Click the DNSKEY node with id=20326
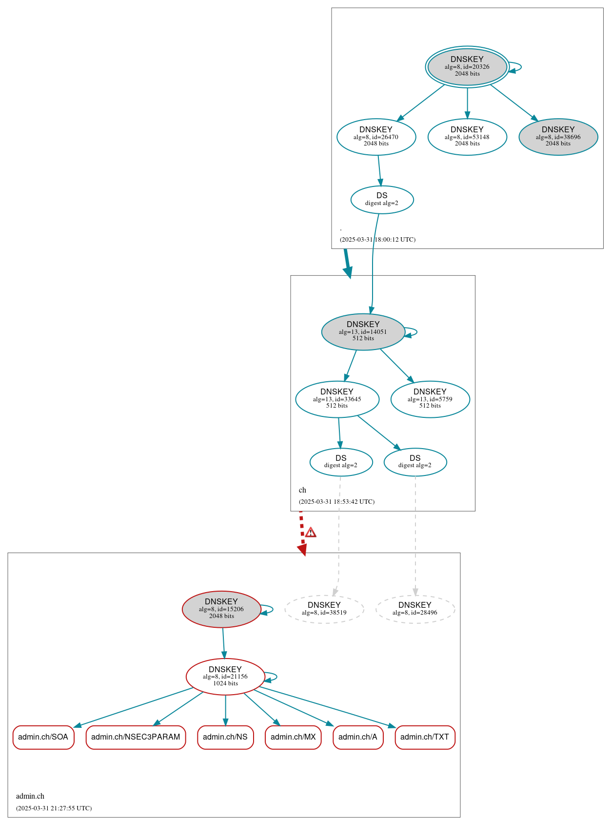(x=467, y=67)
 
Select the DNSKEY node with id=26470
(x=376, y=137)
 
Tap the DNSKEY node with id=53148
(x=467, y=137)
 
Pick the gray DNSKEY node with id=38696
(x=558, y=137)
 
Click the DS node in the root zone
(x=382, y=199)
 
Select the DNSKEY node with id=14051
(x=363, y=331)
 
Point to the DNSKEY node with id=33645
(x=337, y=399)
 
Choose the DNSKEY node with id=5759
(x=430, y=399)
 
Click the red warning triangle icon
(x=311, y=533)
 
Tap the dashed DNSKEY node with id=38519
(x=324, y=609)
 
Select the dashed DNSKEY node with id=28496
(x=415, y=609)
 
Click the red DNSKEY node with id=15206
(x=221, y=609)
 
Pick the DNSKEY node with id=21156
(x=225, y=676)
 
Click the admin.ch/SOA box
(x=43, y=737)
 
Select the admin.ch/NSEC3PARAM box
(x=136, y=737)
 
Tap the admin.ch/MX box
(x=293, y=737)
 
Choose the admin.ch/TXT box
(x=425, y=737)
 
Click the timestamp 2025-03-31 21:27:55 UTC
(x=54, y=808)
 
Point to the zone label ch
(x=302, y=490)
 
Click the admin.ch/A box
(x=358, y=737)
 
